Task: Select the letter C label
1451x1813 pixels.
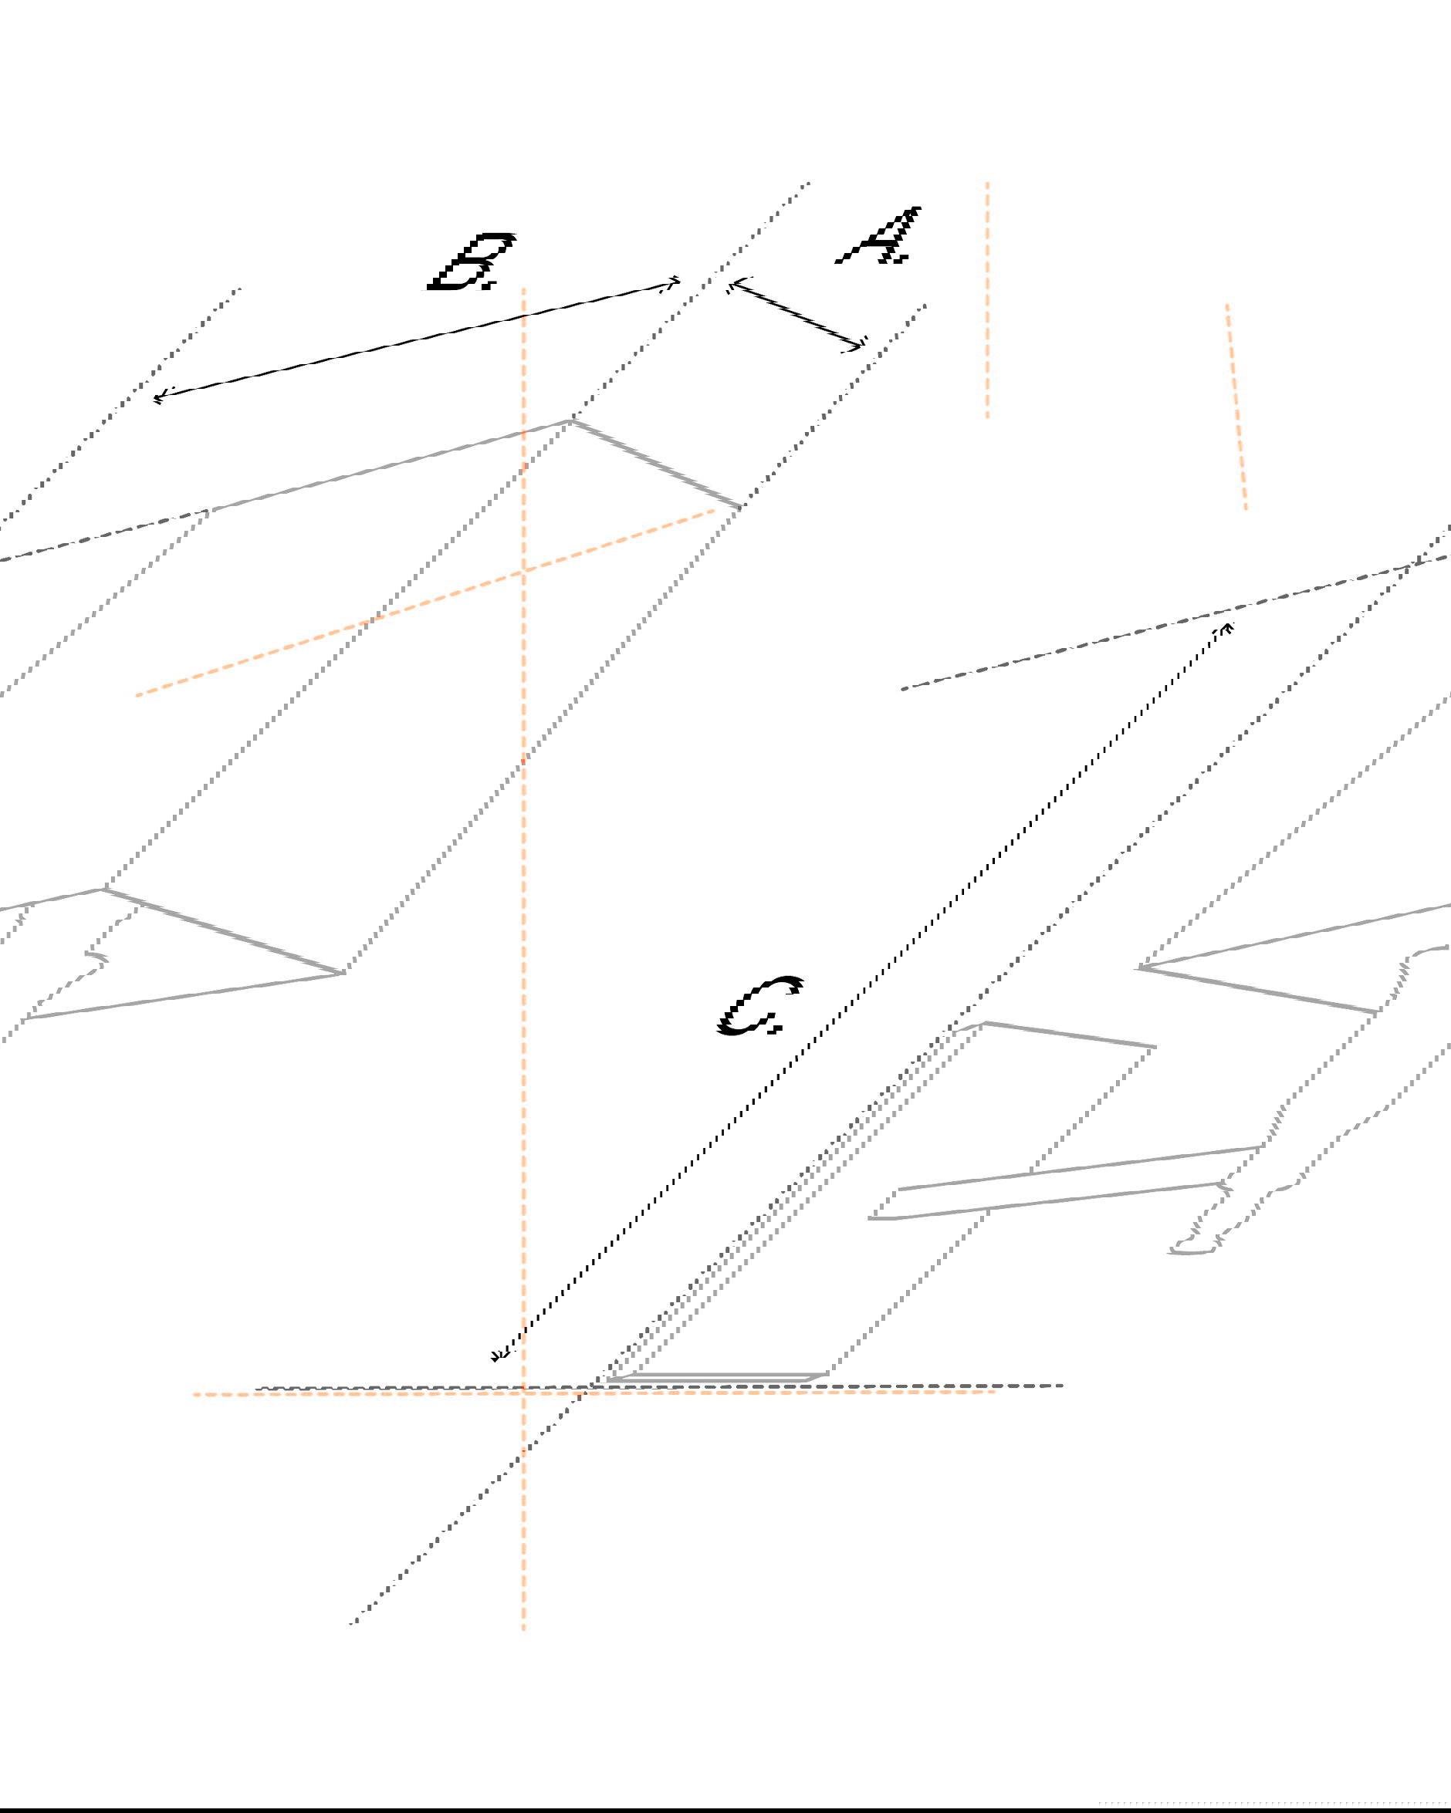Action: [761, 1006]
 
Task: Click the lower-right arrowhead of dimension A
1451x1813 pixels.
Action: [863, 346]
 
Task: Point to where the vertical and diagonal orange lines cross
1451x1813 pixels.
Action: [523, 571]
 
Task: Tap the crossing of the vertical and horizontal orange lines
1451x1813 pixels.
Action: [523, 1393]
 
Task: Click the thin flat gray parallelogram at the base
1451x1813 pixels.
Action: [718, 1377]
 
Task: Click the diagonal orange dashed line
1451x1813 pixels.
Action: [425, 602]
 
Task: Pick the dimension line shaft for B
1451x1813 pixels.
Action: [418, 339]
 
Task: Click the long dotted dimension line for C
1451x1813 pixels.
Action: [863, 991]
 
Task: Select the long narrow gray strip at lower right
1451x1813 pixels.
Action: [1065, 1183]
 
